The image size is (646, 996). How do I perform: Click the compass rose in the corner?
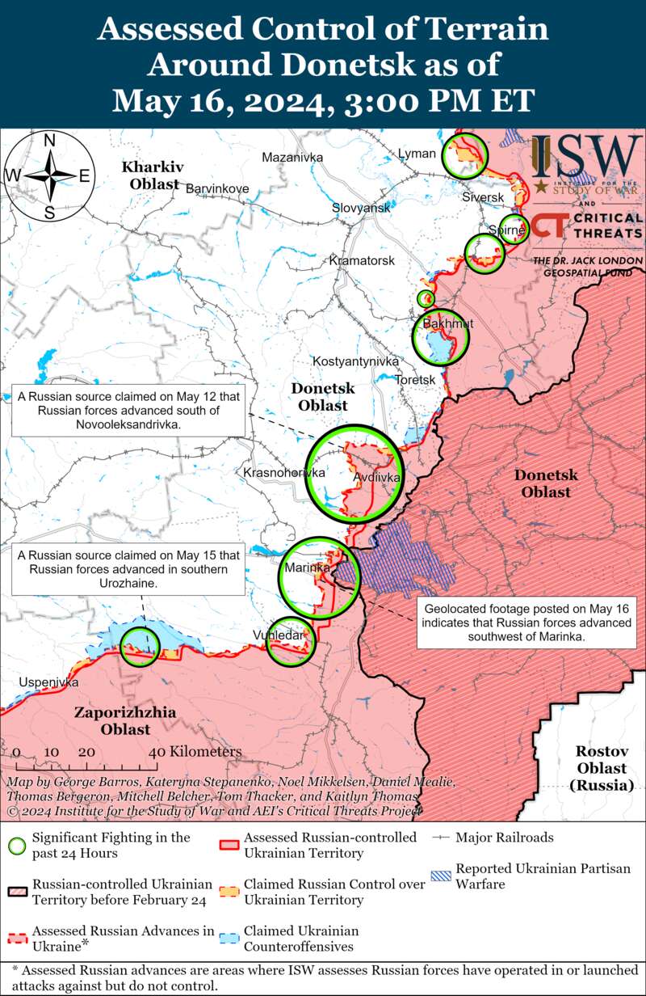pos(49,175)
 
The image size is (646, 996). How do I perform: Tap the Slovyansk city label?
pos(361,208)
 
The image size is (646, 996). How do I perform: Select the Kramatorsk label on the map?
pos(362,261)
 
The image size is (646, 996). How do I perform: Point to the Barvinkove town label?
pos(217,188)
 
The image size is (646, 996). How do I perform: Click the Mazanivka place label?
pos(292,157)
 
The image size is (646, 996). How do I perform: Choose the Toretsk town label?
pos(415,379)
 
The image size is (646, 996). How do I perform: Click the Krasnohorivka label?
pos(284,472)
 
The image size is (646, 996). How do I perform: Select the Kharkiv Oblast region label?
pos(151,175)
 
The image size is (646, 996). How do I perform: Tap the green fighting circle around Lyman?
pos(466,154)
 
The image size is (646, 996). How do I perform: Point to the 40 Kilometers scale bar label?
pos(195,752)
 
